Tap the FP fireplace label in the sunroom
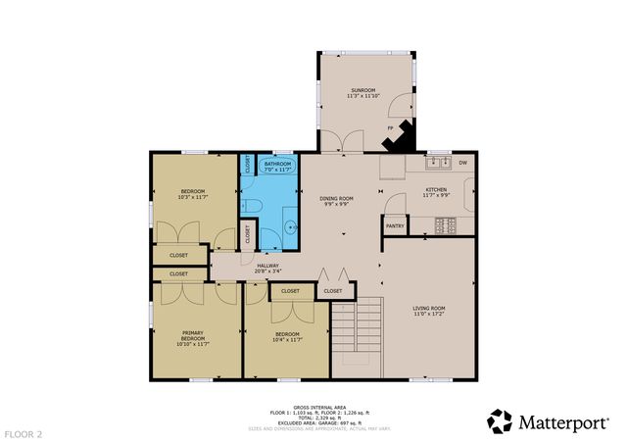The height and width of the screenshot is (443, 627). [390, 127]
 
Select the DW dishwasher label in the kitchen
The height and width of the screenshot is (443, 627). [462, 162]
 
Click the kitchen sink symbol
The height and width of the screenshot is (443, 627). [437, 162]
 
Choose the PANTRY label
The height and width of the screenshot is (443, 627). [395, 226]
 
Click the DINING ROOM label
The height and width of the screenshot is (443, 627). [336, 198]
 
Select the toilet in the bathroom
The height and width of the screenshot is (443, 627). [251, 204]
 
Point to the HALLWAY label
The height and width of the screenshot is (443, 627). [268, 265]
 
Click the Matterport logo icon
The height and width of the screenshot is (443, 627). [500, 421]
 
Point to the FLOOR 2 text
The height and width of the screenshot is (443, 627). [24, 432]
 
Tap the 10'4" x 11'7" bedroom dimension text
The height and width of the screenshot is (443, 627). [287, 340]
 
